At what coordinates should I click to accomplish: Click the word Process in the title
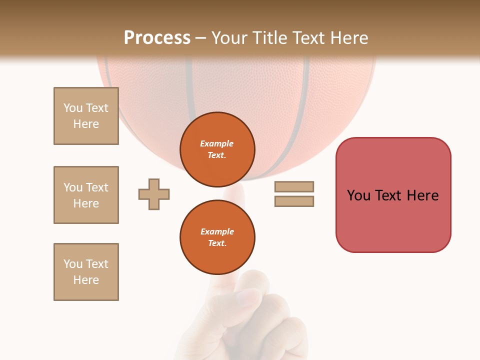(x=157, y=38)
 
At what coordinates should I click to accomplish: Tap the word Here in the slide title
(x=346, y=38)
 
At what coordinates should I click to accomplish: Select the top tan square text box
(x=86, y=116)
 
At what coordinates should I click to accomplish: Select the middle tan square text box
(x=86, y=195)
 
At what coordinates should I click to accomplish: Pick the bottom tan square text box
(x=86, y=272)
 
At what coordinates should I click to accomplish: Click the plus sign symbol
(x=154, y=194)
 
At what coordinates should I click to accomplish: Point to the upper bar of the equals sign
(x=294, y=186)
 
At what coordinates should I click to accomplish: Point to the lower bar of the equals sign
(x=294, y=201)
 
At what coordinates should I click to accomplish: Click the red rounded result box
(x=393, y=220)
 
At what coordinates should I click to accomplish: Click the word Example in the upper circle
(x=217, y=143)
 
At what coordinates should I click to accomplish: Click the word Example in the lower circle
(x=217, y=231)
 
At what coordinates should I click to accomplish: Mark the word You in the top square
(x=73, y=108)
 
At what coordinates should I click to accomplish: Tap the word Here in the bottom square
(x=86, y=280)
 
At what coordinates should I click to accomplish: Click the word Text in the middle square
(x=96, y=187)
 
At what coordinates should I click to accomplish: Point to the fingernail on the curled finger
(x=248, y=297)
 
